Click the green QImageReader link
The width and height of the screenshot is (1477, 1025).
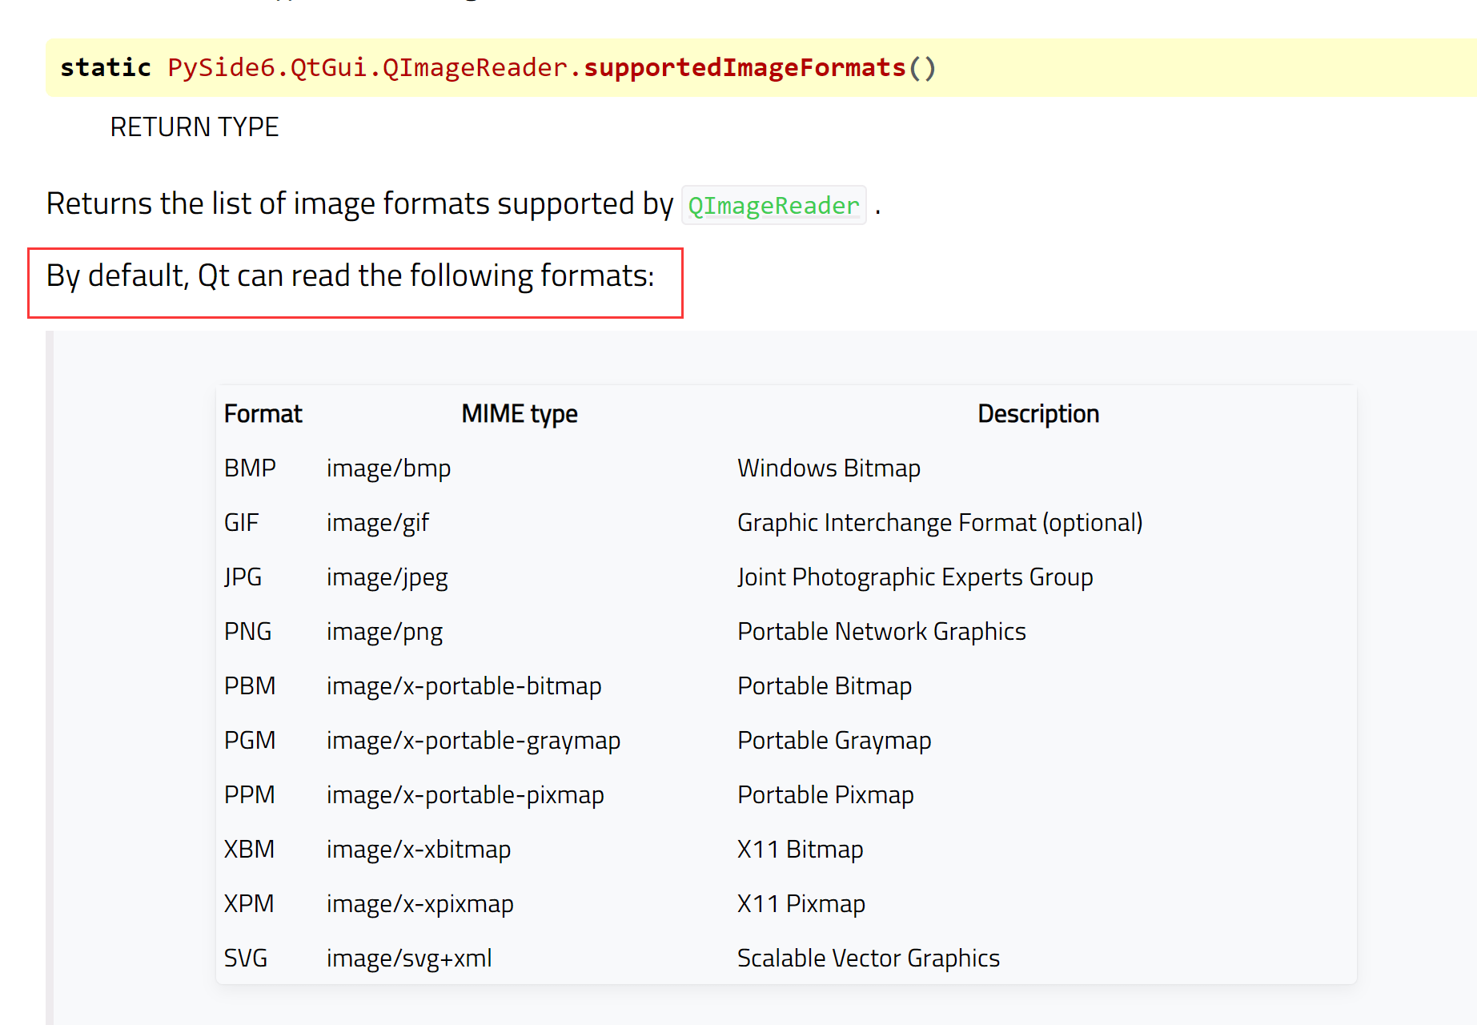tap(773, 206)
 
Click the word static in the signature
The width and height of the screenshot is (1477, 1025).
tap(106, 68)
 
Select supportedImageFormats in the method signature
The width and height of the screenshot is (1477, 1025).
tap(745, 68)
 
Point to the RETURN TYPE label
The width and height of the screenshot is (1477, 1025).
tap(195, 127)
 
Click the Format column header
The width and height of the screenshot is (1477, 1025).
tap(263, 414)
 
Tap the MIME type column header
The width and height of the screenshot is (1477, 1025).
tap(520, 414)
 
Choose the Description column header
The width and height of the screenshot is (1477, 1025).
tap(1038, 414)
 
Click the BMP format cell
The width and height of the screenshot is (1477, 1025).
tap(250, 468)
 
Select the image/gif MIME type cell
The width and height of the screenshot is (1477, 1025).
tap(378, 523)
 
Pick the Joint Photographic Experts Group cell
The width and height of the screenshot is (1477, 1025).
tap(915, 577)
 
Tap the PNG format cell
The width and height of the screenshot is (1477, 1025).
tap(247, 632)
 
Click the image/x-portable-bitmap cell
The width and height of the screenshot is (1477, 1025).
tap(464, 686)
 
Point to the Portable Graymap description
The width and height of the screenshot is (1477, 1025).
tap(834, 741)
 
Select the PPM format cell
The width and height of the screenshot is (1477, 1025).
tap(249, 795)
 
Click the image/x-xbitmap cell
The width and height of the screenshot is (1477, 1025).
tap(419, 850)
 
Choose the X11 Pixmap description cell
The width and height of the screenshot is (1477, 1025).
tap(801, 904)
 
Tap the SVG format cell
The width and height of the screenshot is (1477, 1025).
tap(246, 959)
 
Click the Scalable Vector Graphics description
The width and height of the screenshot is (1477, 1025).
tap(869, 959)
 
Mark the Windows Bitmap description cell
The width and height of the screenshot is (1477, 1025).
tap(829, 468)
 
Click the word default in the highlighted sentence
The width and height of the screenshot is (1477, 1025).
tap(137, 276)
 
